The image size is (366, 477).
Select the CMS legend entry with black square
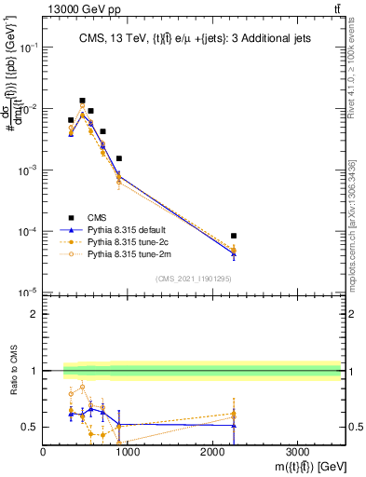[x=85, y=216]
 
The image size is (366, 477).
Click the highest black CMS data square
[x=82, y=101]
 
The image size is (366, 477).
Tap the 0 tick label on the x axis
[x=44, y=451]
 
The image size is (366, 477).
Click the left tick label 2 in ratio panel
[x=34, y=314]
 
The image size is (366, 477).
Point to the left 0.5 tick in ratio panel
[x=30, y=427]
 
